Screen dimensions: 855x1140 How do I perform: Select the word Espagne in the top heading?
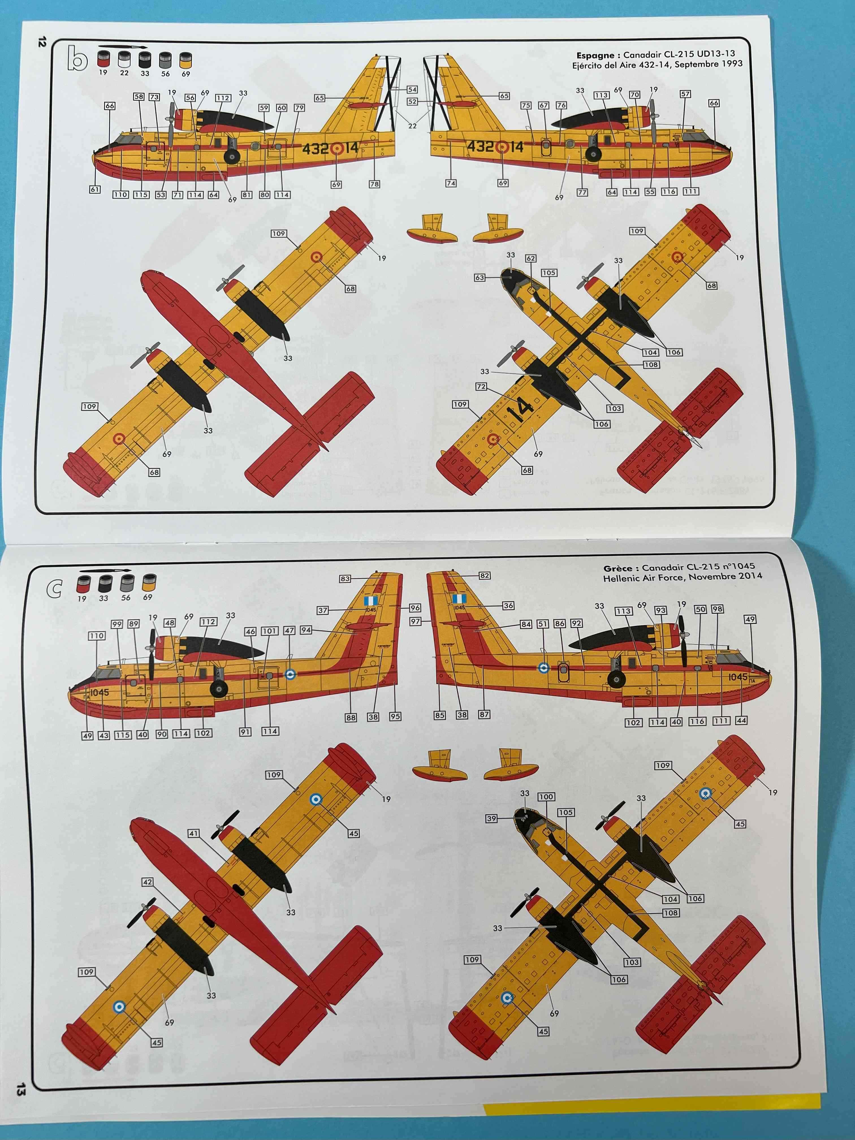(595, 55)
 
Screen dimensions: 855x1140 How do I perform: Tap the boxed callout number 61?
(95, 189)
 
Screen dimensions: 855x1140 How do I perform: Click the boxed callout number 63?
(480, 278)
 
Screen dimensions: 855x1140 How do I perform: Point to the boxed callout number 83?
(345, 579)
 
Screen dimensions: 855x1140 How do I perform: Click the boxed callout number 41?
(193, 833)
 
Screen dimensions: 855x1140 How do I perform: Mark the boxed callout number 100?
(546, 797)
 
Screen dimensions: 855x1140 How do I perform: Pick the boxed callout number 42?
(147, 882)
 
